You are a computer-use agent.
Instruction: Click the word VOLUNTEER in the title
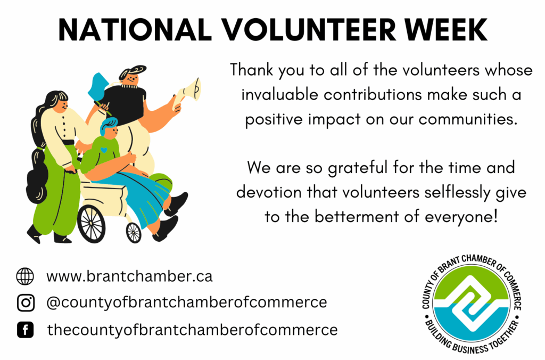point(309,30)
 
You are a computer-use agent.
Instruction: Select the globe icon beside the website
point(25,276)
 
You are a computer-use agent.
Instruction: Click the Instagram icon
point(26,302)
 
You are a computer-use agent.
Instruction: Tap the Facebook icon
point(26,330)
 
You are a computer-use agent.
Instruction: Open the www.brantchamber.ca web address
point(129,276)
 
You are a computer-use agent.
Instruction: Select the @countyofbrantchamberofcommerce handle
point(187,302)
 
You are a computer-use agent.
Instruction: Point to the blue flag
point(98,87)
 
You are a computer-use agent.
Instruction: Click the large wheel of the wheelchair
point(91,224)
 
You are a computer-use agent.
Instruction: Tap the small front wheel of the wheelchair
point(134,232)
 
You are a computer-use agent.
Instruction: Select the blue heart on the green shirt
point(104,150)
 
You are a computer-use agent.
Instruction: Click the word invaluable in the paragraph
point(280,95)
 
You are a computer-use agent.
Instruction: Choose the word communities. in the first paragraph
point(468,119)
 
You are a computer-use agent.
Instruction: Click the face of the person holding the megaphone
point(131,77)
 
